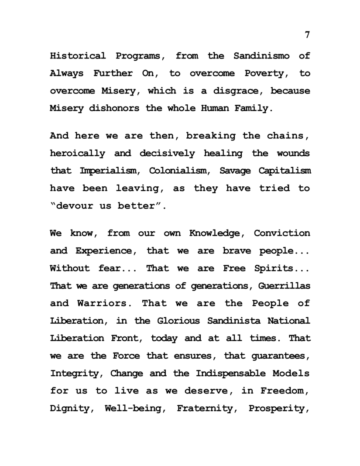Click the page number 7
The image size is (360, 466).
coord(307,35)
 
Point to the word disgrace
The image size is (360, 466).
coord(235,91)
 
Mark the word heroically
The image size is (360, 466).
coord(78,153)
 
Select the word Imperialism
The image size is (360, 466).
coord(109,171)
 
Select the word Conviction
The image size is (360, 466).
coord(282,233)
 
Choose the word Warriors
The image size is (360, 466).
coord(105,303)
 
